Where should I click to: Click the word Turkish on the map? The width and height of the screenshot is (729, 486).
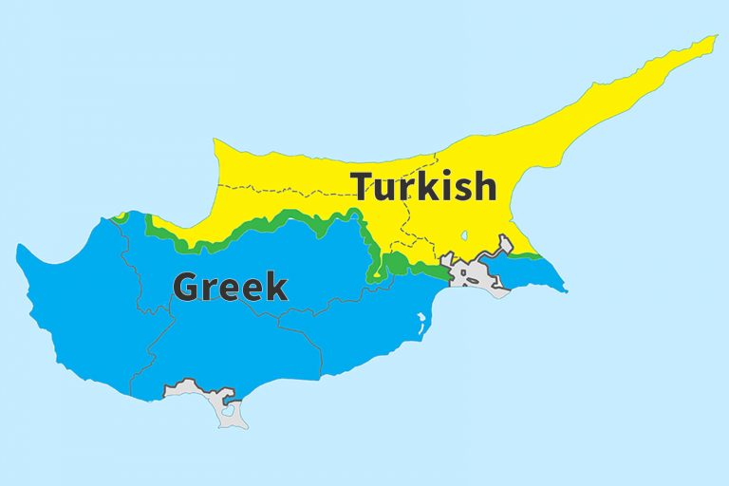[423, 186]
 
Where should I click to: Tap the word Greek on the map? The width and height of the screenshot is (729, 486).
[230, 286]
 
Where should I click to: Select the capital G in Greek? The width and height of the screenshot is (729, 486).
[188, 286]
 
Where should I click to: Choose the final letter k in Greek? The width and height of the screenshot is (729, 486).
[274, 285]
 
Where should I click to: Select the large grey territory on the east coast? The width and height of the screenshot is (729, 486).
[475, 274]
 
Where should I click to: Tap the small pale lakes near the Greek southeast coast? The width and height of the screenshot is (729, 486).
[421, 321]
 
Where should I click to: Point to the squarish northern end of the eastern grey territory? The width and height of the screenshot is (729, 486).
[505, 244]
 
